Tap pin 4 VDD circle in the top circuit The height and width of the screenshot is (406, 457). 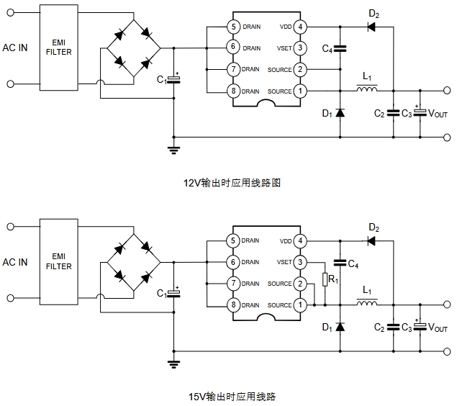(300, 27)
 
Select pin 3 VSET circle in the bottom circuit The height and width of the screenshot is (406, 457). (300, 262)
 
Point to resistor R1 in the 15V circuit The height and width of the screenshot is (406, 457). (325, 278)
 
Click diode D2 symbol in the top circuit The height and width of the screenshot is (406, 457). (373, 27)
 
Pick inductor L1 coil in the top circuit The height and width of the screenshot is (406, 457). (368, 91)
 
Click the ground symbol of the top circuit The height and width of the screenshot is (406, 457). (173, 149)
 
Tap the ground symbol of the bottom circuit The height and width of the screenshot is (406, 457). (173, 364)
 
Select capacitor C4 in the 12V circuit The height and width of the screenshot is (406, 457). (340, 48)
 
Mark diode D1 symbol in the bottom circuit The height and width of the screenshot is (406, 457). (340, 328)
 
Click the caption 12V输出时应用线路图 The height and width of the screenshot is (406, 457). (232, 183)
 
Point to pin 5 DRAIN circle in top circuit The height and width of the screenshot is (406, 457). (232, 27)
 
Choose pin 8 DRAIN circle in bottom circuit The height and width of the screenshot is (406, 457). (232, 305)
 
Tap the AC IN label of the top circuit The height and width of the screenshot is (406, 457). (16, 48)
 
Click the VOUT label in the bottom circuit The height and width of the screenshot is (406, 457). (438, 328)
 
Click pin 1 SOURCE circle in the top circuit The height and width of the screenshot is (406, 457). (300, 91)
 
